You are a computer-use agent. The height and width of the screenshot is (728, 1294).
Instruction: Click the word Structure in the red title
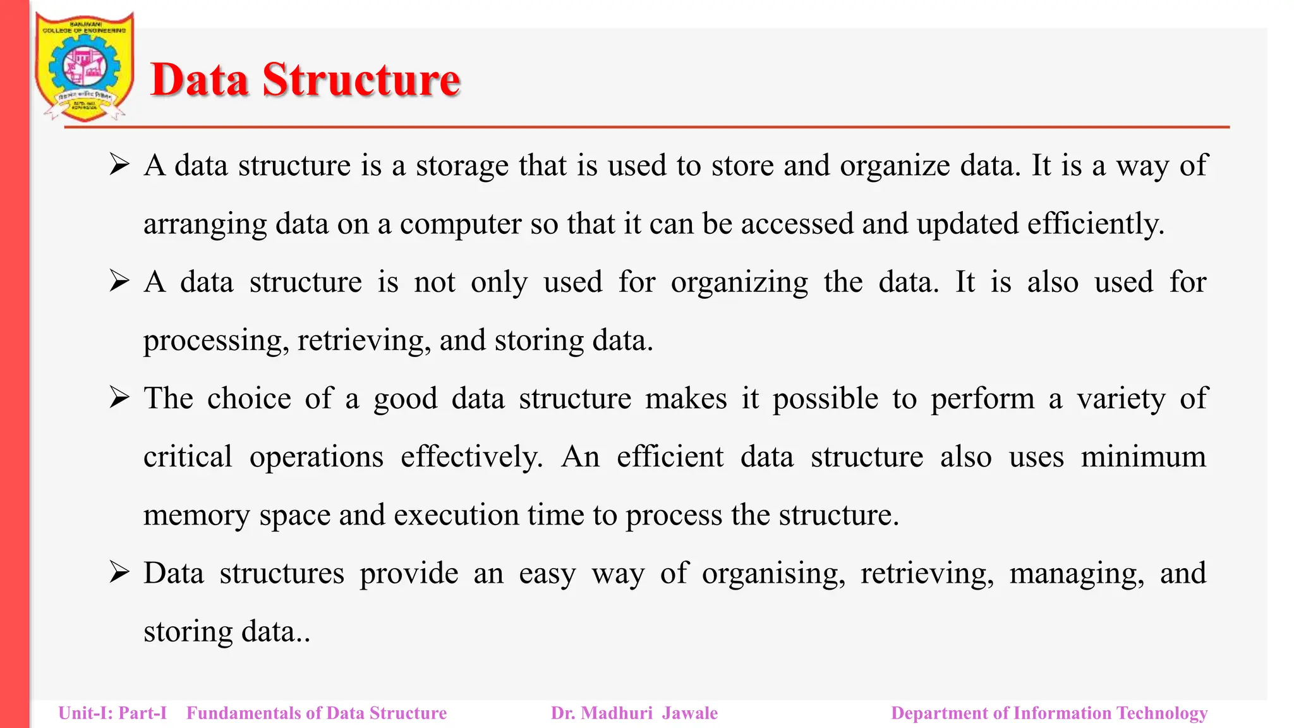[x=361, y=80]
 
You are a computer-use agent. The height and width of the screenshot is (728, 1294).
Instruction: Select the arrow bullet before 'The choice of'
[x=119, y=398]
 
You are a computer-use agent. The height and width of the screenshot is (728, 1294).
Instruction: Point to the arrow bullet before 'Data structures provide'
[x=119, y=573]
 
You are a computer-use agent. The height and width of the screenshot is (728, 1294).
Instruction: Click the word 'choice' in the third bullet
[x=249, y=399]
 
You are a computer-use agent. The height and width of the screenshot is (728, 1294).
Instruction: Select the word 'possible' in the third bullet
[x=825, y=399]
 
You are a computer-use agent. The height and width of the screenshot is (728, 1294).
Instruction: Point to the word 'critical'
[x=188, y=457]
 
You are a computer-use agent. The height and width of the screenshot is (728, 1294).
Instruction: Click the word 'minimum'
[x=1143, y=457]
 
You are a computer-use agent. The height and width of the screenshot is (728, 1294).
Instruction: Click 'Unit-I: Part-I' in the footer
[x=112, y=713]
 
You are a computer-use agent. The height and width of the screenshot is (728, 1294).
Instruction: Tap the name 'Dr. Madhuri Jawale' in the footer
[x=634, y=713]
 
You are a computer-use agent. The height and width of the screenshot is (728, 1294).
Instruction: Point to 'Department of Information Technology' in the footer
[x=1049, y=713]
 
